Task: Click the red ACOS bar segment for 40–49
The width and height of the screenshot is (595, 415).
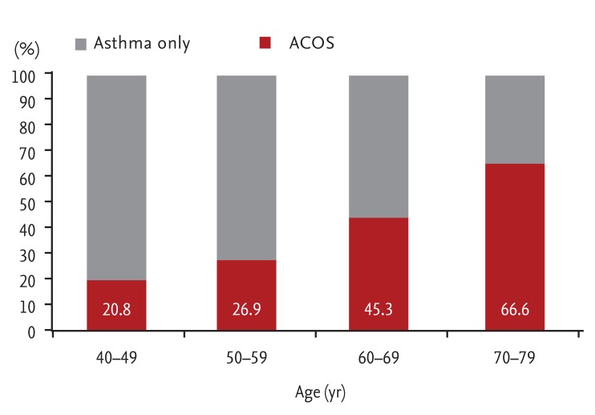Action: [x=116, y=293]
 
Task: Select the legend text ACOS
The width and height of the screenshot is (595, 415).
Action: [x=313, y=43]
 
